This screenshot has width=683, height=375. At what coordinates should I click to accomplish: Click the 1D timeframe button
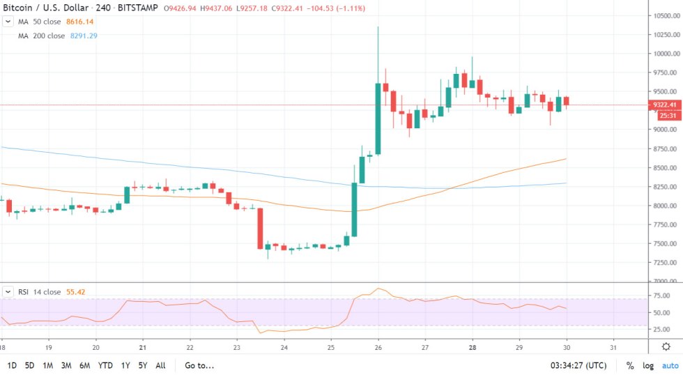[x=13, y=365]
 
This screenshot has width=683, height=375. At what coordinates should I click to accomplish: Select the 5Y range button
[x=142, y=365]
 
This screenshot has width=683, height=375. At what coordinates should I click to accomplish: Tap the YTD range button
[x=106, y=365]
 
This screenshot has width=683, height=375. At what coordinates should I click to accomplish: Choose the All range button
[x=160, y=365]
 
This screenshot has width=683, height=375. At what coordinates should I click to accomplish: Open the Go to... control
[x=199, y=365]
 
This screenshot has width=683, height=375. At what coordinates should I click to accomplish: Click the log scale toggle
[x=649, y=365]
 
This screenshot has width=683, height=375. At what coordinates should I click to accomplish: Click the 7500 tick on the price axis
[x=662, y=243]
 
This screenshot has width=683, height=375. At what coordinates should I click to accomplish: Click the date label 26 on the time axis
[x=378, y=346]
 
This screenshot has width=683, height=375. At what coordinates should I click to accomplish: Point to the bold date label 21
[x=142, y=346]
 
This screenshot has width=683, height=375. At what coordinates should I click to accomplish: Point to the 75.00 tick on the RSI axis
[x=661, y=296]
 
